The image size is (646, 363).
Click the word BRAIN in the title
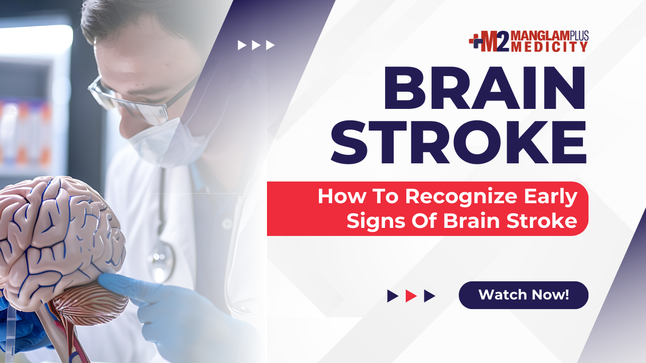click(484, 88)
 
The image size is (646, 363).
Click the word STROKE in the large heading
click(459, 142)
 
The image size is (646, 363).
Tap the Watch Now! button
click(523, 295)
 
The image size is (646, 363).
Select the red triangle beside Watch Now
click(411, 296)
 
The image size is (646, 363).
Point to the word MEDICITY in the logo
click(550, 47)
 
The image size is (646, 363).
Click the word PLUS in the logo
click(579, 35)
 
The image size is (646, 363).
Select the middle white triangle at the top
click(256, 45)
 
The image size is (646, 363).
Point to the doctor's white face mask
click(170, 141)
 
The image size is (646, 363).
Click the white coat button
click(227, 224)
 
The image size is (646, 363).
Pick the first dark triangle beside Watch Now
click(393, 296)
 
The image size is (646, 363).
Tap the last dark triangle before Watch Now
click(429, 296)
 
